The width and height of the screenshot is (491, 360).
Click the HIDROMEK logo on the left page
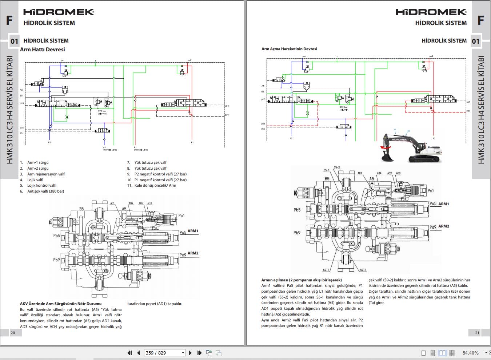59,12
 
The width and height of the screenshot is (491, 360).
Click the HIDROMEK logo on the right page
431,12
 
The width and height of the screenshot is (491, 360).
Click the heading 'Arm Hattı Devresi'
43,50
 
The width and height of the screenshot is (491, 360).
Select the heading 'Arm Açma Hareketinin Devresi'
289,49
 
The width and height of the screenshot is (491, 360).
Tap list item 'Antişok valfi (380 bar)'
45,191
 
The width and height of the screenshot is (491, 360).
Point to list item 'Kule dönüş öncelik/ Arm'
155,185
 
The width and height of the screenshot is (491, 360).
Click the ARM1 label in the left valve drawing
193,231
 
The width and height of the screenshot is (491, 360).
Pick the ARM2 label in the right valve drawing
443,226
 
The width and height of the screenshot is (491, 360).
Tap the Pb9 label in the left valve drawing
56,260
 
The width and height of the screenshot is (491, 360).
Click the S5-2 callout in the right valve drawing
337,168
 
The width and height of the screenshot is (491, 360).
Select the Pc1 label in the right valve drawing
430,191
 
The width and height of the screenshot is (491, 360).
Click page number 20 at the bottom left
13,333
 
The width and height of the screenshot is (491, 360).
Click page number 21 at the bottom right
477,333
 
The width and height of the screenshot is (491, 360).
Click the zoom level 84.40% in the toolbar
470,353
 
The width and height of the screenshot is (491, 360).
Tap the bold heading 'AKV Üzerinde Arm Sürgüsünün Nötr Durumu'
61,304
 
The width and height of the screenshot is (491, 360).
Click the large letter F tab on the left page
9,20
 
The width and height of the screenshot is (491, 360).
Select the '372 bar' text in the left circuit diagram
102,111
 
